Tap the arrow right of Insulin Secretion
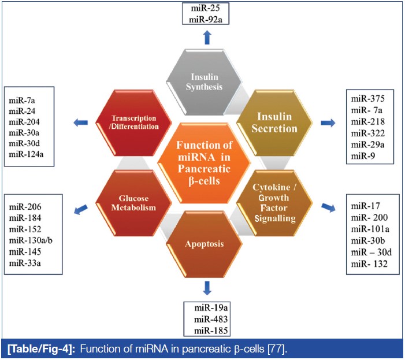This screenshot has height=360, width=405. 327,123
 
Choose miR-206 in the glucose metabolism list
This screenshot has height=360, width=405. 24,206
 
